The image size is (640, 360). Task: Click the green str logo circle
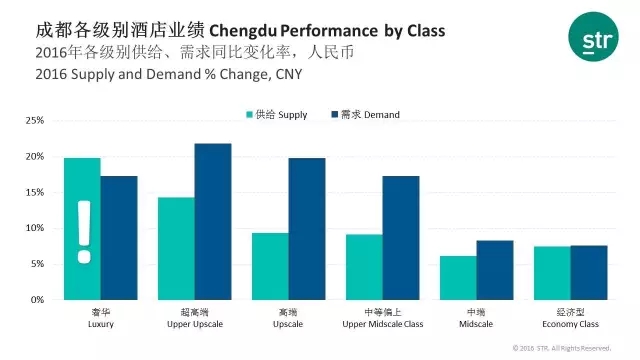click(593, 37)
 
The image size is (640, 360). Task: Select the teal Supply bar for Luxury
click(82, 229)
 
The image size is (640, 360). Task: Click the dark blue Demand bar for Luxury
click(119, 238)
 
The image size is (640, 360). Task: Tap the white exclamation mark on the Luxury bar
click(84, 232)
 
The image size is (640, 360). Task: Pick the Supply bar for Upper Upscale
click(176, 249)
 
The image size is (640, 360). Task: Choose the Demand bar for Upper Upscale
click(213, 222)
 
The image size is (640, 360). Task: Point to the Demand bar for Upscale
click(307, 229)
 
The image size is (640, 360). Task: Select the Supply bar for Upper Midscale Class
click(364, 267)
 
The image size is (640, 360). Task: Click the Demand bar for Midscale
click(495, 270)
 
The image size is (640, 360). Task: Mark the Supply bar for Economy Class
click(552, 273)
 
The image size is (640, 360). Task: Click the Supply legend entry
click(277, 115)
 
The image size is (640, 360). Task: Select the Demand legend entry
click(365, 115)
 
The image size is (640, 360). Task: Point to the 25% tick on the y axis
click(35, 120)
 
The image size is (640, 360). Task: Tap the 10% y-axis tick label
click(35, 228)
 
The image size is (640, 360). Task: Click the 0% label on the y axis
click(37, 300)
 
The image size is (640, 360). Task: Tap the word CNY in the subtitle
click(289, 74)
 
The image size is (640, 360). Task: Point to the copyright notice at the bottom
click(562, 348)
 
